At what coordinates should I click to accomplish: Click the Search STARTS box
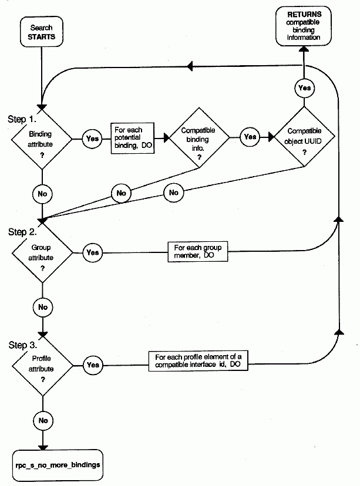[41, 32]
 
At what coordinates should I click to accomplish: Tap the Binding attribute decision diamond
[41, 139]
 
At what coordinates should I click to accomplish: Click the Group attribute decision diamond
[42, 253]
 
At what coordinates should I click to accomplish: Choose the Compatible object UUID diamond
[304, 139]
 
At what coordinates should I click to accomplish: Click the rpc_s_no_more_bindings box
[58, 464]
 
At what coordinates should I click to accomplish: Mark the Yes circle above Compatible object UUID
[304, 87]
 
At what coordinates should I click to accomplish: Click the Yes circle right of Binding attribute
[92, 139]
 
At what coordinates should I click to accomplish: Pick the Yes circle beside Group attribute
[92, 253]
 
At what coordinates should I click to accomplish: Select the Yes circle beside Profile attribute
[92, 364]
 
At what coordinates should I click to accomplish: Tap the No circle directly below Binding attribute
[42, 192]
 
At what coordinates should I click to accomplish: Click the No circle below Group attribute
[42, 306]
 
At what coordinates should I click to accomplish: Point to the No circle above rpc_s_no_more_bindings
[42, 420]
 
